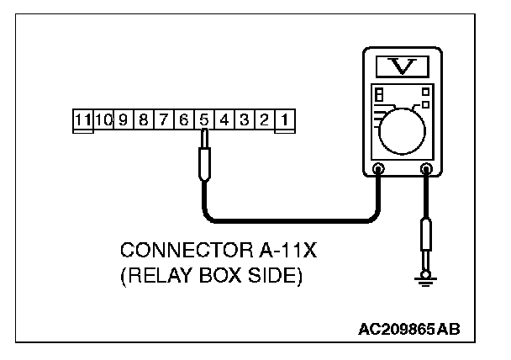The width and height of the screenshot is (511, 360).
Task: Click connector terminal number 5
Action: coord(204,120)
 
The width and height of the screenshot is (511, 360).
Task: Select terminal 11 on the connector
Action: coord(82,120)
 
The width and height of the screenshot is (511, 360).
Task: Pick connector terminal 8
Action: coord(143,120)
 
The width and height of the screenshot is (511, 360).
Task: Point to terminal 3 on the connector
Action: coord(245,120)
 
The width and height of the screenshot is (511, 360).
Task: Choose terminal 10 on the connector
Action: coord(103,120)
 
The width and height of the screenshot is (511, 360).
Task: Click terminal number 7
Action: coord(163,120)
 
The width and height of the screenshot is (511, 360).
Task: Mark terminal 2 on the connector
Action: coord(264,120)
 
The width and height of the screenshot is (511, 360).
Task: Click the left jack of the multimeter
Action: coord(378,169)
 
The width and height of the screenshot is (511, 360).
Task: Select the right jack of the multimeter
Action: coord(426,169)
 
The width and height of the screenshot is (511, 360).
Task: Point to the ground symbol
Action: coord(427,283)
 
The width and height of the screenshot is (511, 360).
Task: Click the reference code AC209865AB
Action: coord(411,327)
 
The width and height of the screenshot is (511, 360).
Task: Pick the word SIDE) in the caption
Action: coord(271,275)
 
